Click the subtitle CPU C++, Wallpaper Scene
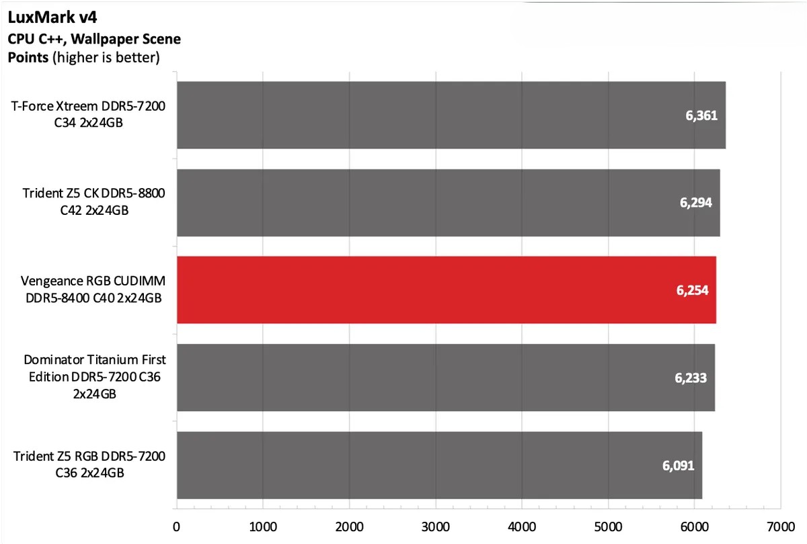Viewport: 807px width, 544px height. pos(94,39)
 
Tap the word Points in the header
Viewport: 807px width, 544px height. pos(28,57)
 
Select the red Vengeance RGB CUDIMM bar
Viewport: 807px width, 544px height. pos(446,290)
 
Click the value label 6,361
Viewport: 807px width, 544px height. pos(701,116)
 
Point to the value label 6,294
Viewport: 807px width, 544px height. pos(696,203)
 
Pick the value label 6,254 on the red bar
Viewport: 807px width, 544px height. pos(692,290)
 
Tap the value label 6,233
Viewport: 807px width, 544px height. pos(691,377)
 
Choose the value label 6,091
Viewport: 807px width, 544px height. pos(678,465)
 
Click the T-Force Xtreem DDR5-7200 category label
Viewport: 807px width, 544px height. pos(88,114)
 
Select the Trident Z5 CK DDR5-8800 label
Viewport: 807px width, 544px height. pos(93,201)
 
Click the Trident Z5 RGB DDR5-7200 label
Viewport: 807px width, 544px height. pos(89,465)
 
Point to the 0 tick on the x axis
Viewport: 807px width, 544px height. pos(176,527)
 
